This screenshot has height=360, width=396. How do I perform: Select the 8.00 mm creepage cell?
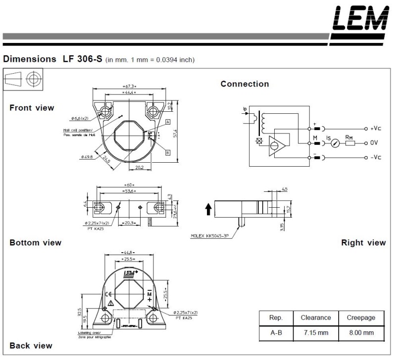(361, 333)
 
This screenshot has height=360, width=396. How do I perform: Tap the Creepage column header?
(361, 318)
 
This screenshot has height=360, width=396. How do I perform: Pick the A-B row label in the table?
(276, 333)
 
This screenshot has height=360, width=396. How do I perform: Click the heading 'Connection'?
(245, 84)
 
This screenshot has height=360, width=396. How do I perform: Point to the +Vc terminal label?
(375, 128)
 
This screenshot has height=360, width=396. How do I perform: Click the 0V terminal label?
(374, 143)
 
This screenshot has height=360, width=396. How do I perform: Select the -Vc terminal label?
(375, 158)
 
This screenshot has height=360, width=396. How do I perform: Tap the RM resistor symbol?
(350, 143)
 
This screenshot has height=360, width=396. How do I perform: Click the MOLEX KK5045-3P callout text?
(212, 236)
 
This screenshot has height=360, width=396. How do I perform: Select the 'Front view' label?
(32, 108)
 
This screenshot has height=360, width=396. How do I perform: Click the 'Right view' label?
(363, 242)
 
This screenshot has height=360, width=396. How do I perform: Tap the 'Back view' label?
(31, 345)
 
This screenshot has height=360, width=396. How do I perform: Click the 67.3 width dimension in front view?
(129, 87)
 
